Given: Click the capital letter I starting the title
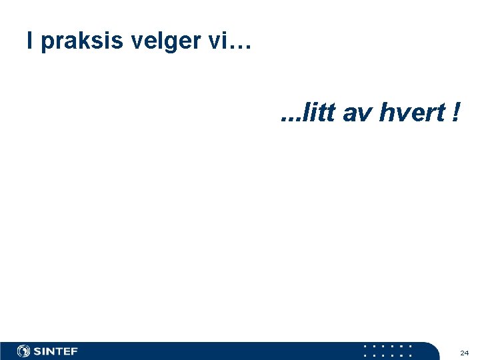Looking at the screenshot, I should (x=30, y=41).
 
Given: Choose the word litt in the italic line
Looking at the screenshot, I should (x=317, y=114).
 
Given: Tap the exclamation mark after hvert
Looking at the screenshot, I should (x=455, y=114).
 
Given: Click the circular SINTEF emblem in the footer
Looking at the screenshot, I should (x=24, y=351).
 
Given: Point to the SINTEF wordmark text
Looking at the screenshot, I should (x=56, y=351).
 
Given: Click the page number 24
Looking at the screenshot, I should (x=465, y=353).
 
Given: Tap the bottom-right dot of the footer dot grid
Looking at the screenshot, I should (x=409, y=355).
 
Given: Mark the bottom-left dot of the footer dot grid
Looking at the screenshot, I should (x=366, y=355).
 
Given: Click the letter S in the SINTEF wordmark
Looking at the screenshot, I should (x=38, y=351).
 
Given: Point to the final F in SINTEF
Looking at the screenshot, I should (x=74, y=351).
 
